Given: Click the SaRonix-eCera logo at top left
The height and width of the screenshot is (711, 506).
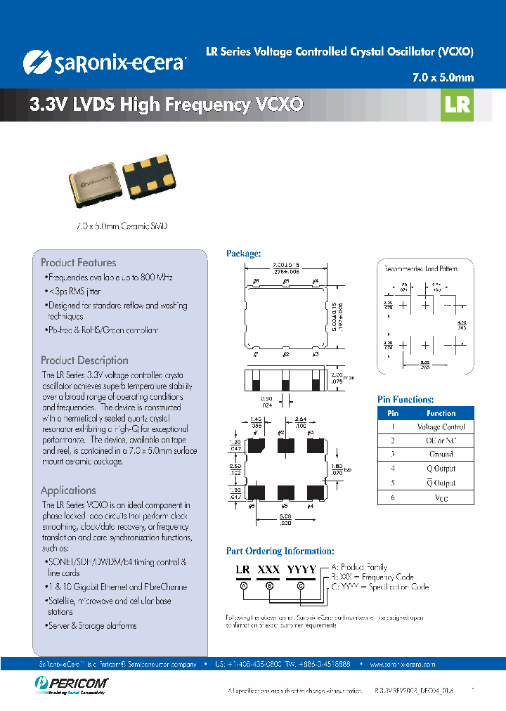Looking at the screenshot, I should point(104,62).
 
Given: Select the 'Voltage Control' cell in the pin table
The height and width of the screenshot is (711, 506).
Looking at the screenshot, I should point(441,426).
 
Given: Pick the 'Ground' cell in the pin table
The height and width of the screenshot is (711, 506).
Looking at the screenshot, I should point(441,455).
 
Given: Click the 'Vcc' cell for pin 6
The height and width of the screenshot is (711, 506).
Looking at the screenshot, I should point(441,497).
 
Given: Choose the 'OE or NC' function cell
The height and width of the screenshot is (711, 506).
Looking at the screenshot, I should point(441,441).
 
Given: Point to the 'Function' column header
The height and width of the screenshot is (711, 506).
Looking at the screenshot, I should point(441,413).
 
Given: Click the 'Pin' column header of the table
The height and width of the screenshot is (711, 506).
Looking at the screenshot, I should point(394,413).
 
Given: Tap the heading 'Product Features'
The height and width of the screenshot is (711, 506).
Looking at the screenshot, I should point(78,262).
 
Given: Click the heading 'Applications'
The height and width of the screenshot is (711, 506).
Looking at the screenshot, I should point(68,490).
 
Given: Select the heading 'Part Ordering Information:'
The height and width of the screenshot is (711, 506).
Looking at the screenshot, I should point(280,552).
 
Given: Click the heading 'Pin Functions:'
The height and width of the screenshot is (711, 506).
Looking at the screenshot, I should point(406,399).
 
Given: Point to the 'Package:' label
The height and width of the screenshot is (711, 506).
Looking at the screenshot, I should point(243,254).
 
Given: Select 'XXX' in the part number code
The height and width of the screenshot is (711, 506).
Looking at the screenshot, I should point(268,570).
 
